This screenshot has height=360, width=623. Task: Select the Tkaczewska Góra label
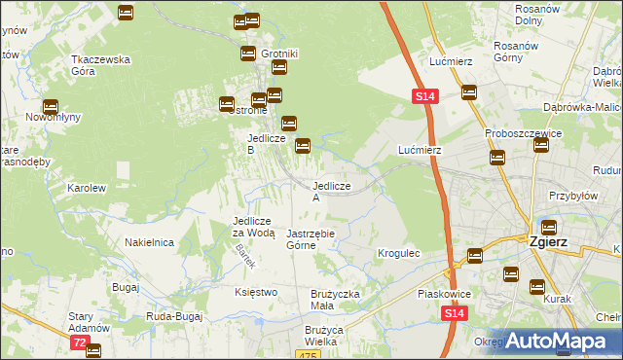(x=100, y=64)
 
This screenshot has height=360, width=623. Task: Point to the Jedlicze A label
(x=330, y=191)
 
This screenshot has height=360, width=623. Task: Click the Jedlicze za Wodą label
(x=254, y=227)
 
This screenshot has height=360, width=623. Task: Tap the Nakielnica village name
(x=149, y=242)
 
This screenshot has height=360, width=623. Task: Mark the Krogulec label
(x=398, y=253)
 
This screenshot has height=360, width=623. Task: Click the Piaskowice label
(x=443, y=292)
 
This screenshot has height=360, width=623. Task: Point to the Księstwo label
(x=256, y=291)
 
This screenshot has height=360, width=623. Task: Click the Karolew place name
(x=85, y=187)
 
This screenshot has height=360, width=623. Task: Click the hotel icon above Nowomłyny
(x=50, y=108)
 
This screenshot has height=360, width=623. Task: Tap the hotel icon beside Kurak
(x=536, y=286)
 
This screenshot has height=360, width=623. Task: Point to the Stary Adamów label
(x=88, y=322)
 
